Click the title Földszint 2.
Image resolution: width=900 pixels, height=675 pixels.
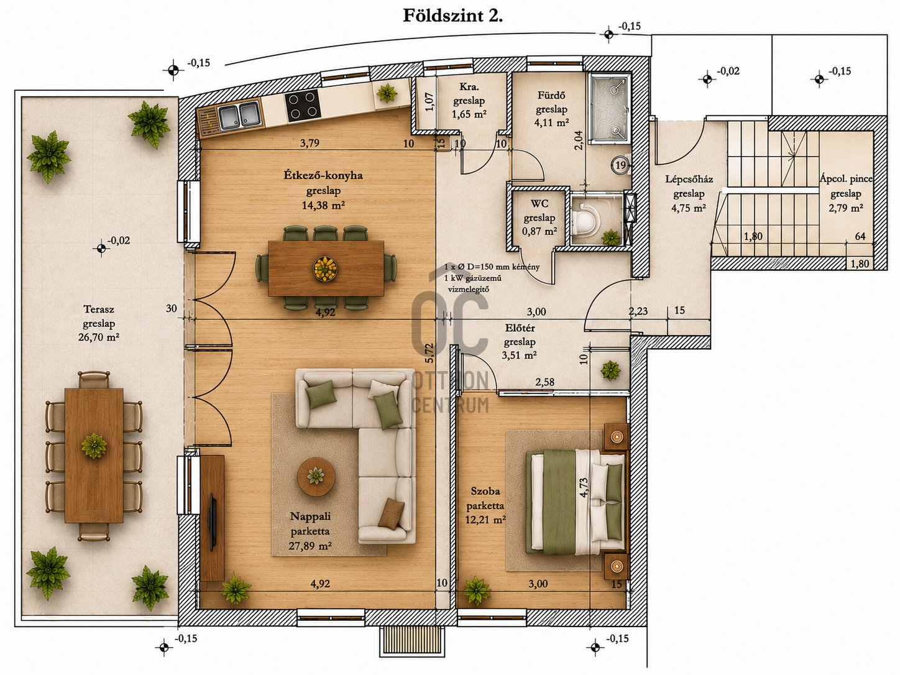(x=452, y=16)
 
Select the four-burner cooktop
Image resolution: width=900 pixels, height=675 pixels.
(x=303, y=105)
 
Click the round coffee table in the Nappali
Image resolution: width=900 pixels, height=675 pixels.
(x=316, y=476)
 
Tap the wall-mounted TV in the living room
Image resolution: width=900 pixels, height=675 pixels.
(x=213, y=522)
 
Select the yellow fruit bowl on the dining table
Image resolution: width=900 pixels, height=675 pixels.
(x=325, y=269)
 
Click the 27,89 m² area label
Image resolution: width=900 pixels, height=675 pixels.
(x=310, y=546)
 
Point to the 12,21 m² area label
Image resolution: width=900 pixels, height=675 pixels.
(x=485, y=520)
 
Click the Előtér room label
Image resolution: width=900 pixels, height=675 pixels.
(x=520, y=328)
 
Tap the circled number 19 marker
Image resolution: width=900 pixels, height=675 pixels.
(x=621, y=165)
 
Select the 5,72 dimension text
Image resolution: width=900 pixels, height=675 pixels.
(x=429, y=353)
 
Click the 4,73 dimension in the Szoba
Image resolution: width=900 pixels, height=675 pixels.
(x=583, y=487)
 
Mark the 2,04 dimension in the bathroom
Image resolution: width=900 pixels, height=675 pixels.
(x=578, y=140)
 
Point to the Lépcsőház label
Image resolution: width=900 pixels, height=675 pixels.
(x=689, y=179)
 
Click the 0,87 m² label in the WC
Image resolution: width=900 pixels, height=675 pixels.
(x=539, y=231)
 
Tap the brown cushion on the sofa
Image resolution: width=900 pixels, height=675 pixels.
(x=388, y=513)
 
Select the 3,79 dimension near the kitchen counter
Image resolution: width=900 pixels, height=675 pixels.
(x=310, y=143)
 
